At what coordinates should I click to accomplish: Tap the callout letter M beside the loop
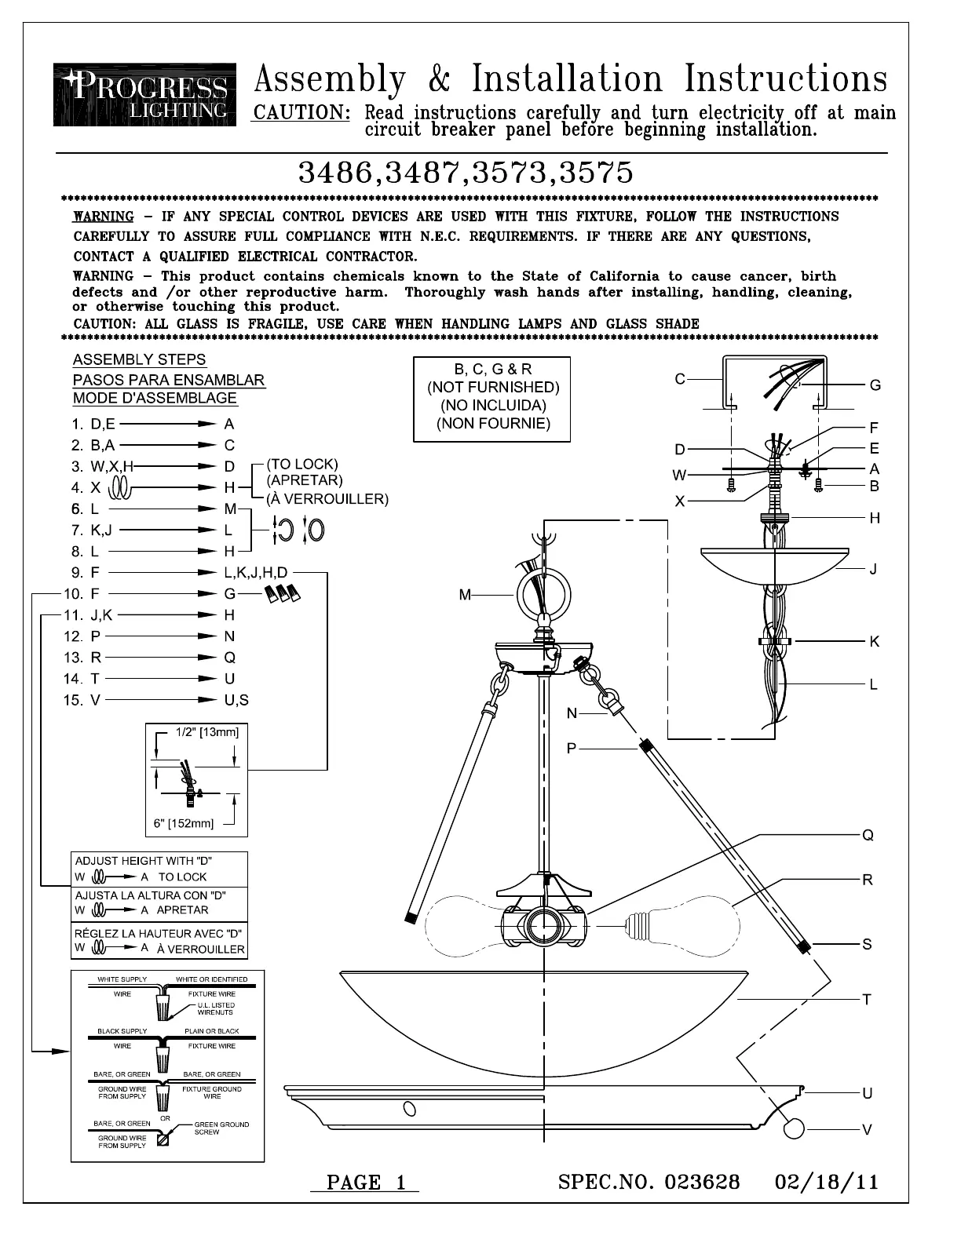click(x=466, y=596)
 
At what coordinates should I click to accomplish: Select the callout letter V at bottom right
click(x=867, y=1130)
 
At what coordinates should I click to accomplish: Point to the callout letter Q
click(x=868, y=836)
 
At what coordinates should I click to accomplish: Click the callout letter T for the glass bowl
click(x=867, y=999)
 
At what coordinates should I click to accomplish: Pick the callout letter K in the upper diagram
click(x=874, y=642)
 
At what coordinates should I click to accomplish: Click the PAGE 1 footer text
click(x=365, y=1183)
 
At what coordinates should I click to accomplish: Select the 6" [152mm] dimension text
click(x=184, y=823)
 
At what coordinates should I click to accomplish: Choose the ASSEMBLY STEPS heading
click(x=139, y=359)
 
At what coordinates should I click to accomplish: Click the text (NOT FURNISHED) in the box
click(x=493, y=387)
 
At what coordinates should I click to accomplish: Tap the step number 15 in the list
click(x=73, y=700)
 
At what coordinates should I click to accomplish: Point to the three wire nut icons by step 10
click(x=283, y=594)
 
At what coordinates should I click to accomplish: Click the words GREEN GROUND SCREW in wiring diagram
click(x=221, y=1128)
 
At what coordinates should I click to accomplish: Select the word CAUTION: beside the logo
click(x=301, y=113)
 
